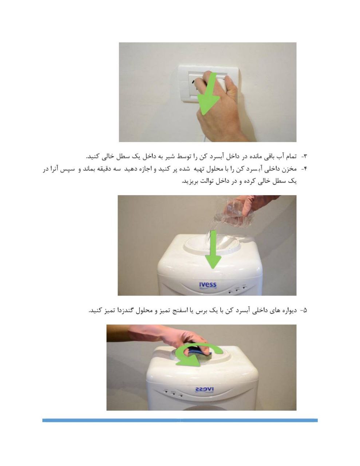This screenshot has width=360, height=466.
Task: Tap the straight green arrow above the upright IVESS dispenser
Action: click(213, 250)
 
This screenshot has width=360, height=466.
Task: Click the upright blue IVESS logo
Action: click(208, 285)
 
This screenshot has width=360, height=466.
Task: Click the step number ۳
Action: click(305, 157)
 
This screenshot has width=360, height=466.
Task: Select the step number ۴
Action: click(305, 169)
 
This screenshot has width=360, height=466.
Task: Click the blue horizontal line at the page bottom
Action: click(180, 420)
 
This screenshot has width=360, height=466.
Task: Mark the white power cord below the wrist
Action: click(205, 138)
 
